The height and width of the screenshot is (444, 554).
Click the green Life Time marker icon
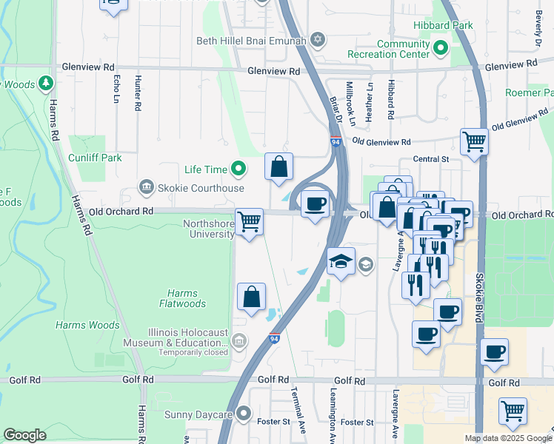[238, 170]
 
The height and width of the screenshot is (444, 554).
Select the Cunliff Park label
[94, 158]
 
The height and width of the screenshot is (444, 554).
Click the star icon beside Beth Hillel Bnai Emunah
[318, 39]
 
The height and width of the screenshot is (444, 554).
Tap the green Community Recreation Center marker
[441, 50]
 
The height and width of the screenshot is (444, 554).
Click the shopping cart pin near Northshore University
[250, 221]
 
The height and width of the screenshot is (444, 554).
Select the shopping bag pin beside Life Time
[278, 166]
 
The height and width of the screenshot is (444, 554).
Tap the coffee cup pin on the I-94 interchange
[315, 203]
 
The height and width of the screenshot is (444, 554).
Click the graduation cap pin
[341, 261]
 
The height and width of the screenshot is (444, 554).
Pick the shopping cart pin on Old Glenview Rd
[474, 141]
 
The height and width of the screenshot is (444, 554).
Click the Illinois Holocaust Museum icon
[238, 341]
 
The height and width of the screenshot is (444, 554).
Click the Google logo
[25, 435]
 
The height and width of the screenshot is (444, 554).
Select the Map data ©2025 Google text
[507, 438]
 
